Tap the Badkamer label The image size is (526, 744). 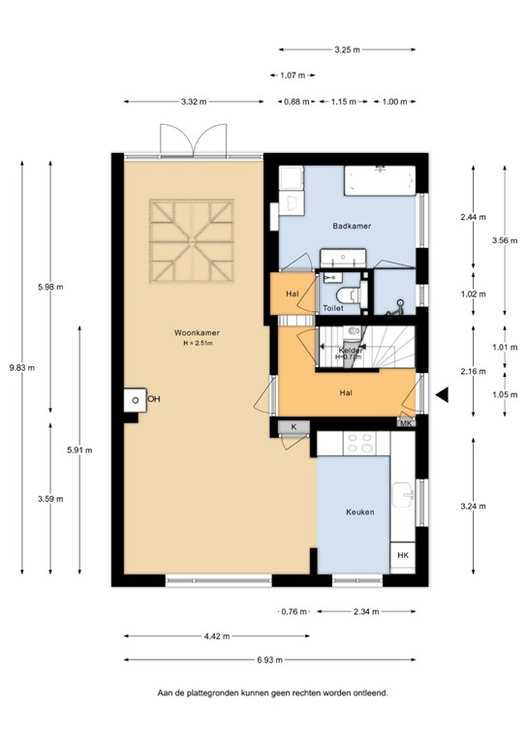[x=352, y=226]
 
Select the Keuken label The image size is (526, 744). [x=360, y=511]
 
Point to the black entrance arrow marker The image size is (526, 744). [x=442, y=394]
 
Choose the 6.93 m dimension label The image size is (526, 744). [x=270, y=661]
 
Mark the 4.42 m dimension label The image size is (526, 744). [x=217, y=636]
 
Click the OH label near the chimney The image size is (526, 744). [x=153, y=398]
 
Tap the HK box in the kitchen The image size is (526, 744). [x=403, y=554]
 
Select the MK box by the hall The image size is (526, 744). [x=406, y=422]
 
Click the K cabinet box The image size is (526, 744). [x=293, y=426]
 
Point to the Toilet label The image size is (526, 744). [x=333, y=308]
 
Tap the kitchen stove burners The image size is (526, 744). [x=360, y=443]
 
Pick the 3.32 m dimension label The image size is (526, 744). [x=194, y=100]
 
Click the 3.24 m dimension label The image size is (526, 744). [x=474, y=504]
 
